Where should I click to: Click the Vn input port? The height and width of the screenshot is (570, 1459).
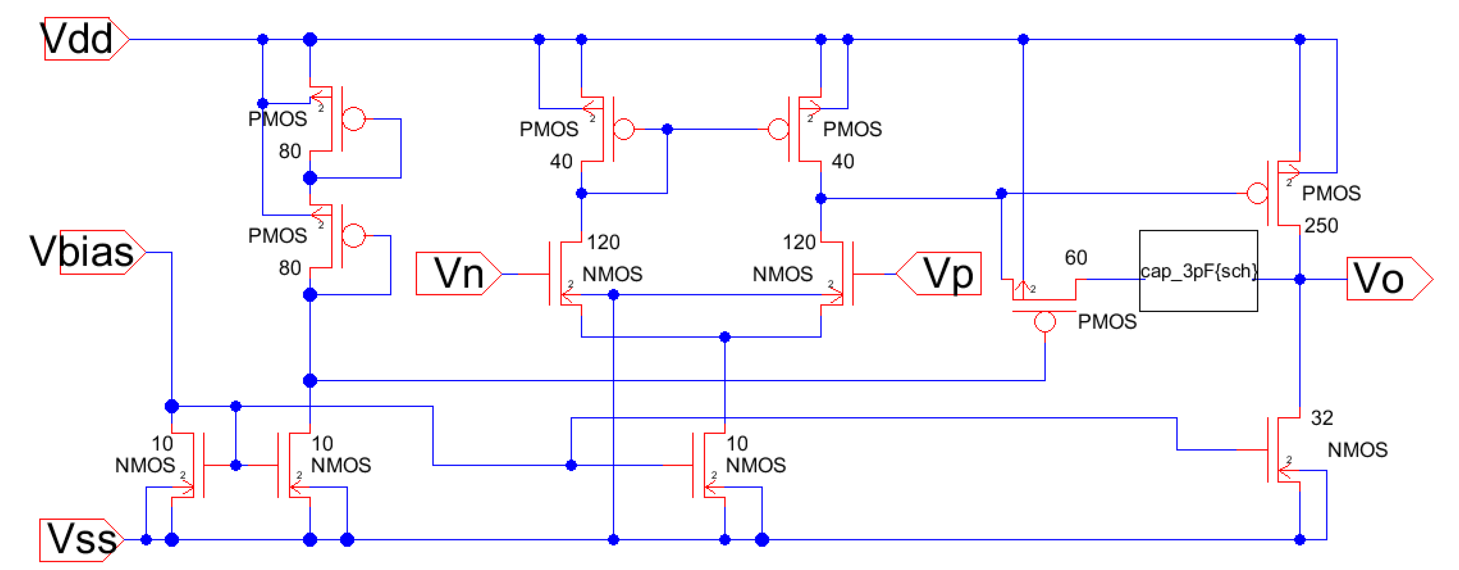(457, 274)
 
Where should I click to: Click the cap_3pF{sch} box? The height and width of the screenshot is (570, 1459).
(1198, 271)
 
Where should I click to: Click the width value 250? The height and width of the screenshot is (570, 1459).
(1321, 225)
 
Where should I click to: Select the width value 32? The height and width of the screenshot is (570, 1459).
(1322, 418)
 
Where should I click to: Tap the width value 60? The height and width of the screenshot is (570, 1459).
(1075, 258)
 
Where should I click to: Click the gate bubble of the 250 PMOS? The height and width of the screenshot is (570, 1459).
(1257, 193)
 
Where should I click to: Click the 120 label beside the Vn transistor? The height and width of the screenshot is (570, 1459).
(603, 243)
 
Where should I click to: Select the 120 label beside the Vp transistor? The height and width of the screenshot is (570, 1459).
(798, 243)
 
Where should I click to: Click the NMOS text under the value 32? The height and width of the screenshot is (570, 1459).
(1357, 450)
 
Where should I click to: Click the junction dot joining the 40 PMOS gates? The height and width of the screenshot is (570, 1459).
(667, 129)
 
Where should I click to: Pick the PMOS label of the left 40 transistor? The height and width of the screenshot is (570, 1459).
(549, 129)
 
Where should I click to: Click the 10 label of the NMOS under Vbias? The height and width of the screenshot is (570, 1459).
(162, 443)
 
